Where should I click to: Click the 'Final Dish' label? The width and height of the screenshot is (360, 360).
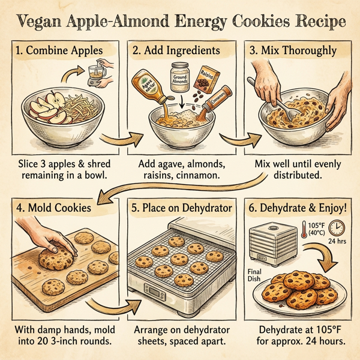click(x=259, y=274)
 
